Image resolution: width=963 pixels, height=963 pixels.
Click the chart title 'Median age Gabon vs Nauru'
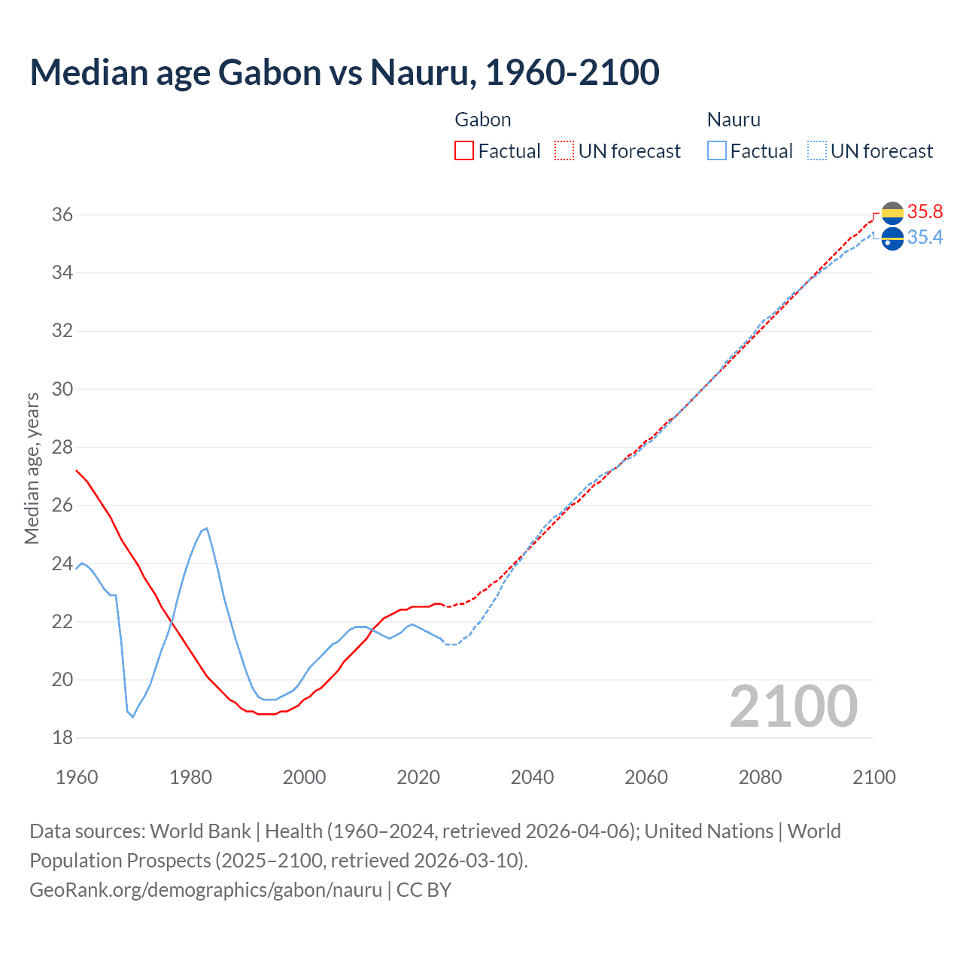(x=345, y=72)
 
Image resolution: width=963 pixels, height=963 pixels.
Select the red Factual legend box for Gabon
(x=464, y=150)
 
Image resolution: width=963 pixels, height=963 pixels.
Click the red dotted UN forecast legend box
(x=564, y=150)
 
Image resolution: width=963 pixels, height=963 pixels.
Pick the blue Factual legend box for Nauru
(x=717, y=150)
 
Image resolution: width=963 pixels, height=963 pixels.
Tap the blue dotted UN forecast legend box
(x=817, y=150)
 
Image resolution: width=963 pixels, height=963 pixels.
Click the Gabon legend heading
(x=483, y=120)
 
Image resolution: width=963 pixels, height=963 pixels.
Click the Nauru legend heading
(x=734, y=120)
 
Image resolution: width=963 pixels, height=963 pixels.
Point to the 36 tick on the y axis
(x=62, y=215)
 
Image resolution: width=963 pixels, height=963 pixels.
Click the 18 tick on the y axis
(x=62, y=738)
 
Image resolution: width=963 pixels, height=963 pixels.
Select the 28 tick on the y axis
(x=62, y=448)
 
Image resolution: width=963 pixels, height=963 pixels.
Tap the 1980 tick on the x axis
(x=190, y=777)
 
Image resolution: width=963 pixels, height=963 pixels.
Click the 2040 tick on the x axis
(x=532, y=777)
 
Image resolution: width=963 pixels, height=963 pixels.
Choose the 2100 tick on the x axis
(x=873, y=777)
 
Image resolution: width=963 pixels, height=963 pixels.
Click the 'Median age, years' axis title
(x=32, y=468)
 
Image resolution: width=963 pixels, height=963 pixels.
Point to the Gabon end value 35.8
(x=925, y=212)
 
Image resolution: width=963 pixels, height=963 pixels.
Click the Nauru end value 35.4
(x=925, y=238)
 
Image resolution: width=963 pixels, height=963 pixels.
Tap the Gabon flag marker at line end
(x=892, y=213)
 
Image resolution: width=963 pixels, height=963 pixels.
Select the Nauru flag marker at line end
(x=892, y=239)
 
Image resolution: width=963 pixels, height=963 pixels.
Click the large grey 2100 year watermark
(x=793, y=706)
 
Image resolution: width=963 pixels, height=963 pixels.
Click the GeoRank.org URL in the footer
(x=205, y=890)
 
